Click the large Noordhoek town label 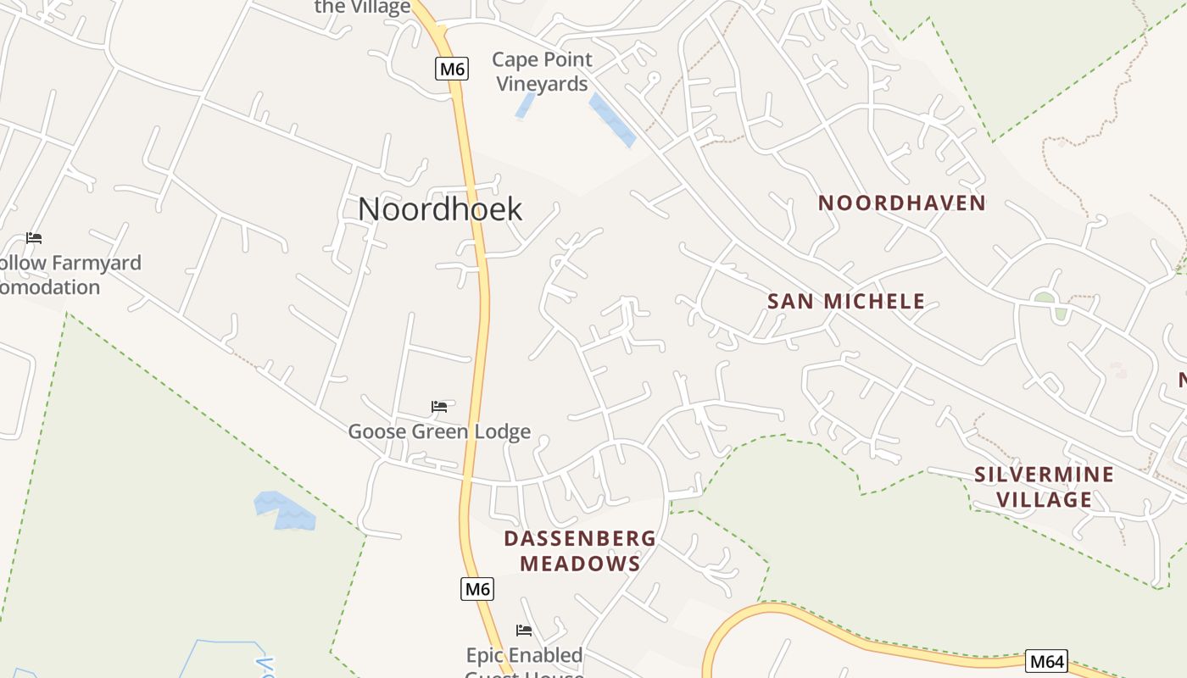pyautogui.click(x=439, y=209)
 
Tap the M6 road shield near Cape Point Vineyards pyautogui.click(x=452, y=69)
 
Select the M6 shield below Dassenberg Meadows pyautogui.click(x=477, y=589)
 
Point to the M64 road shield pyautogui.click(x=1046, y=661)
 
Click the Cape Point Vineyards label pyautogui.click(x=542, y=71)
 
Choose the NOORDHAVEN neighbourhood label pyautogui.click(x=902, y=203)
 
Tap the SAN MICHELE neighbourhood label pyautogui.click(x=845, y=301)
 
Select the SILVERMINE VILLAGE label pyautogui.click(x=1044, y=486)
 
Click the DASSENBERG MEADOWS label pyautogui.click(x=580, y=551)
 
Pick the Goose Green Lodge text pyautogui.click(x=439, y=431)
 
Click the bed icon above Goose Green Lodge pyautogui.click(x=439, y=407)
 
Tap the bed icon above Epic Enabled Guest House pyautogui.click(x=524, y=631)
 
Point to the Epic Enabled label pyautogui.click(x=524, y=655)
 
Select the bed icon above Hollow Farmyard pyautogui.click(x=34, y=238)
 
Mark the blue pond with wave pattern pyautogui.click(x=284, y=510)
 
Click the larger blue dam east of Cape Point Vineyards pyautogui.click(x=611, y=119)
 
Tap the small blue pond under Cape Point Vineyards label pyautogui.click(x=525, y=106)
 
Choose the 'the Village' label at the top pyautogui.click(x=362, y=8)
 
